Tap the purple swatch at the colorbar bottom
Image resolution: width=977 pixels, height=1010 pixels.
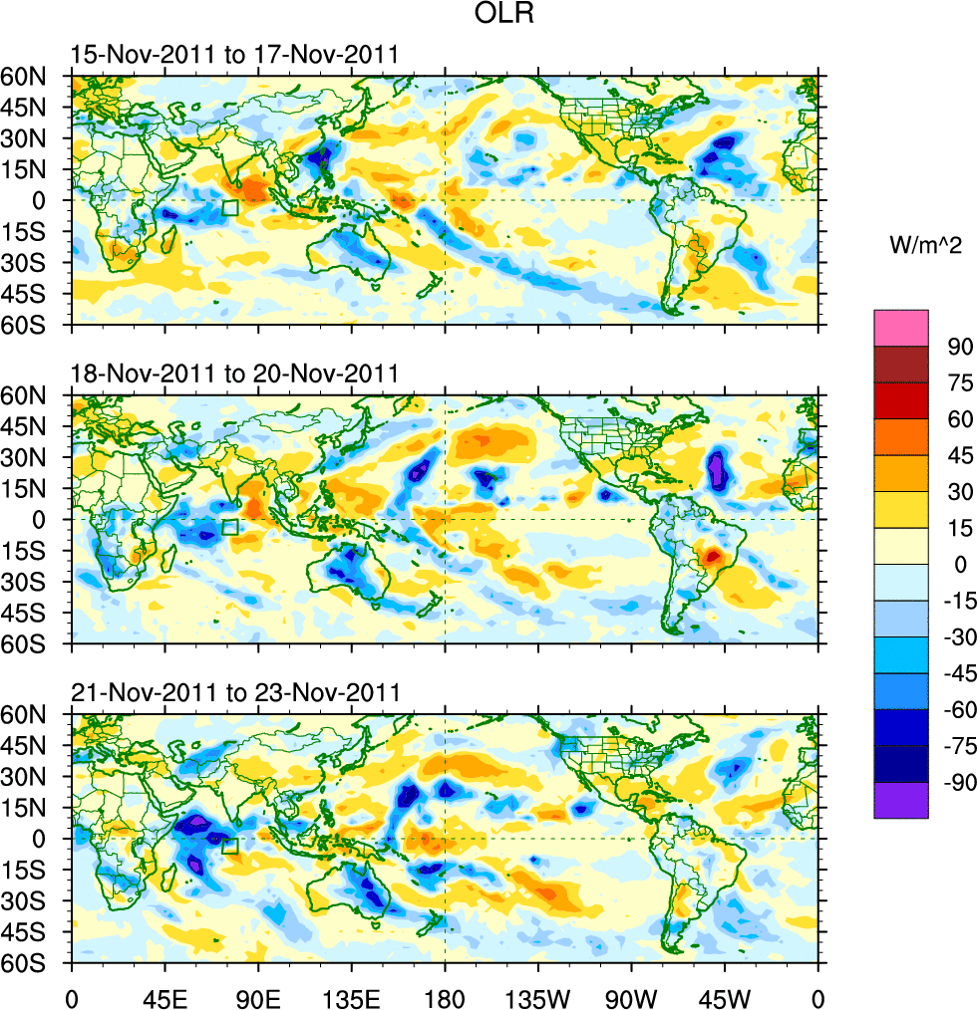[x=900, y=800]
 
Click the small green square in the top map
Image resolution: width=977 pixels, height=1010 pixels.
[x=229, y=207]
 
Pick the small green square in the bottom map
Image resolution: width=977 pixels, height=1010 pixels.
[x=229, y=846]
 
